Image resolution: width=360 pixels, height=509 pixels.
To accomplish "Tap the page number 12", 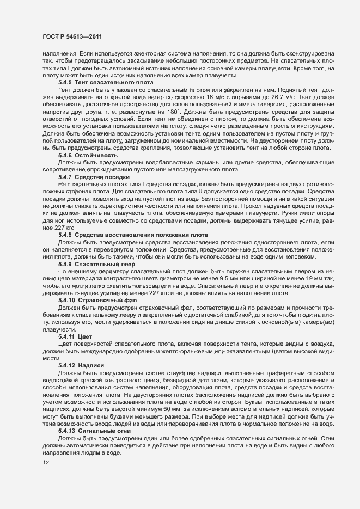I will (39, 463).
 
